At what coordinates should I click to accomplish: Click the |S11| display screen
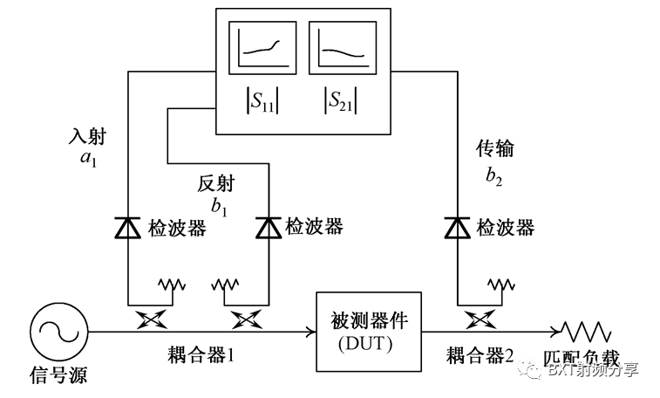click(x=259, y=51)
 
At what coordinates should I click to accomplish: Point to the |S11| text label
click(x=259, y=103)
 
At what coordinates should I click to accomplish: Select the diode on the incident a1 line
click(x=129, y=228)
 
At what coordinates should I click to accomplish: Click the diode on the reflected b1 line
click(x=268, y=228)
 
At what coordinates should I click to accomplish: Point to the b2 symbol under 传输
click(x=494, y=175)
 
